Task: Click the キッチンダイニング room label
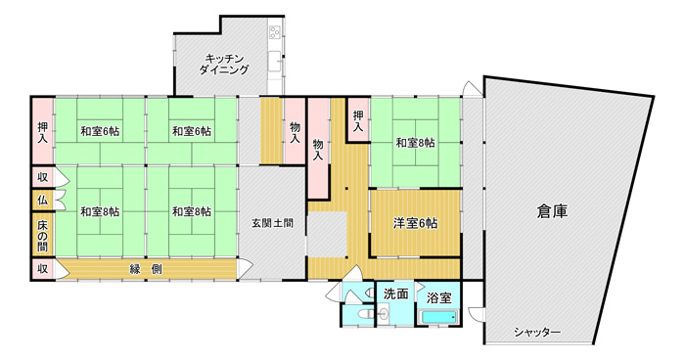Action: click(x=224, y=64)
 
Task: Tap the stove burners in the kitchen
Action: click(x=275, y=31)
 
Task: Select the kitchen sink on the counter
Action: click(x=274, y=61)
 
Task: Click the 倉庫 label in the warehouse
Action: click(x=552, y=211)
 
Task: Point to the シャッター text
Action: click(x=537, y=332)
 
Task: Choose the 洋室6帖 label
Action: click(x=415, y=223)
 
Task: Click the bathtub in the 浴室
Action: click(x=438, y=316)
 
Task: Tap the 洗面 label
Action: click(x=395, y=294)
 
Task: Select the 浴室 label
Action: click(x=438, y=298)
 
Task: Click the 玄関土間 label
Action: click(x=272, y=223)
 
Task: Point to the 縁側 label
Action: click(x=146, y=269)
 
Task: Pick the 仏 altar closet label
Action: click(x=42, y=201)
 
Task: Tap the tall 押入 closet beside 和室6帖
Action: click(x=43, y=132)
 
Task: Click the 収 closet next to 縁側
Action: click(x=42, y=269)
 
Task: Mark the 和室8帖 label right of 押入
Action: click(x=415, y=143)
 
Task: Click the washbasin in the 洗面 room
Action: click(x=383, y=314)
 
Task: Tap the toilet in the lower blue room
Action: click(x=362, y=314)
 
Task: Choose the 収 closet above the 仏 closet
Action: click(x=42, y=177)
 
